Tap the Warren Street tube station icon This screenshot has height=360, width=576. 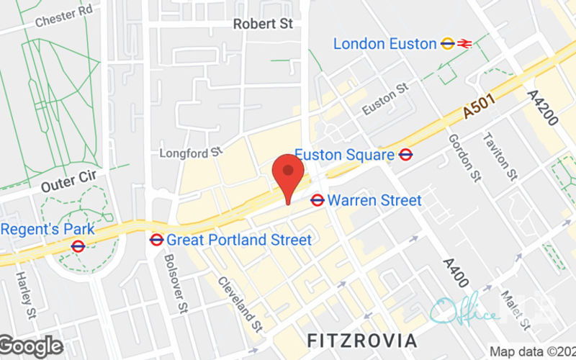[317, 200]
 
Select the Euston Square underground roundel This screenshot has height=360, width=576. [405, 154]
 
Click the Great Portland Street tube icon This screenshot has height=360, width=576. [156, 239]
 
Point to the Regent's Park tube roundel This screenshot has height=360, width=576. [78, 246]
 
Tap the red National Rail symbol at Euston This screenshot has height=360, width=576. [464, 44]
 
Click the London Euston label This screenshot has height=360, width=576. [384, 44]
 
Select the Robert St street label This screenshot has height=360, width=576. [263, 24]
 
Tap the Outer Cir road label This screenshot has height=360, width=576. [63, 181]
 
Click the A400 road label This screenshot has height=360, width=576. [456, 274]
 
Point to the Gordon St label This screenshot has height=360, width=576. [464, 157]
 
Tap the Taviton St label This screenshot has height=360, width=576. [500, 156]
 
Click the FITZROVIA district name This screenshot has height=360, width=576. [361, 339]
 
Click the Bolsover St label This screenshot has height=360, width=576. [175, 283]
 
